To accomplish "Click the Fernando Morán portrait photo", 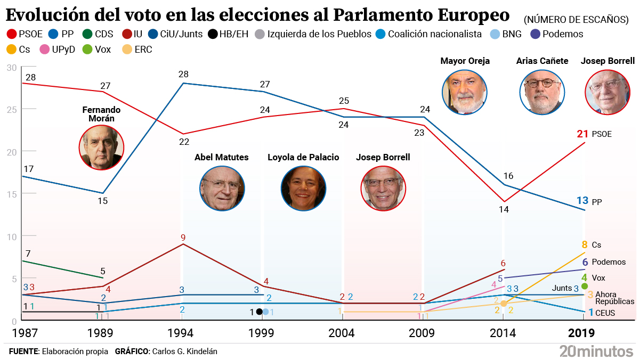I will [x=102, y=148].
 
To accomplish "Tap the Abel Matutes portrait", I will [x=222, y=187].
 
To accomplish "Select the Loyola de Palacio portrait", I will [x=303, y=187].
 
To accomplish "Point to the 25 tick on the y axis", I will [x=12, y=109].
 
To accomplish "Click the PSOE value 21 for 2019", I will [x=582, y=134].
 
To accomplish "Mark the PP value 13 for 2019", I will [x=582, y=201].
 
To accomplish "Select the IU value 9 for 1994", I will [x=183, y=238].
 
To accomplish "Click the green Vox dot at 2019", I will [x=585, y=287].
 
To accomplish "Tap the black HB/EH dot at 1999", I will [x=259, y=312].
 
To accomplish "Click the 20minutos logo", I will [x=595, y=350].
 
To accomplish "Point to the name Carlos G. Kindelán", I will [x=184, y=351].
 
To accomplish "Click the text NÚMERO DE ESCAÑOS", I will [x=576, y=20].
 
